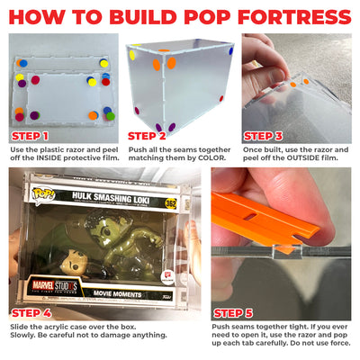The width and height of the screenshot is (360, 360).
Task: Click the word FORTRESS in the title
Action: click(294, 17)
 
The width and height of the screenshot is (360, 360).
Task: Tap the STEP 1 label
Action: click(30, 137)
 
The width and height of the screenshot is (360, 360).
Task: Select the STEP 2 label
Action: click(147, 136)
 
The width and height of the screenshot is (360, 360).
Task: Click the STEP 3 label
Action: click(263, 136)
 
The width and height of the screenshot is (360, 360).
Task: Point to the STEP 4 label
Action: click(31, 313)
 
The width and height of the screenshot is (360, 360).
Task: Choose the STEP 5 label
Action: click(233, 313)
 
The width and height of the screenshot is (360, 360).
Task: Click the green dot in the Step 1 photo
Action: click(111, 116)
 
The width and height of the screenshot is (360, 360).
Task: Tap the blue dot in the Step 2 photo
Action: click(230, 50)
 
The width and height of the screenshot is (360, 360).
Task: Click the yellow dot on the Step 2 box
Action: click(132, 55)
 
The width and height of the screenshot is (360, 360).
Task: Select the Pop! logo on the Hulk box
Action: click(43, 194)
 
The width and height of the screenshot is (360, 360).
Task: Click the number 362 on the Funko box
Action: click(171, 203)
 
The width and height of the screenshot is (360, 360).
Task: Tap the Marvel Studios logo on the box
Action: click(55, 286)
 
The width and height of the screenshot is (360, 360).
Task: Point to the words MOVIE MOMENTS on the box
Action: click(117, 293)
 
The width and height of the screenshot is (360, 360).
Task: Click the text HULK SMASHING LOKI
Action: click(111, 198)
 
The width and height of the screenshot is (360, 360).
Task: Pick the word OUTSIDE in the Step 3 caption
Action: click(303, 157)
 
